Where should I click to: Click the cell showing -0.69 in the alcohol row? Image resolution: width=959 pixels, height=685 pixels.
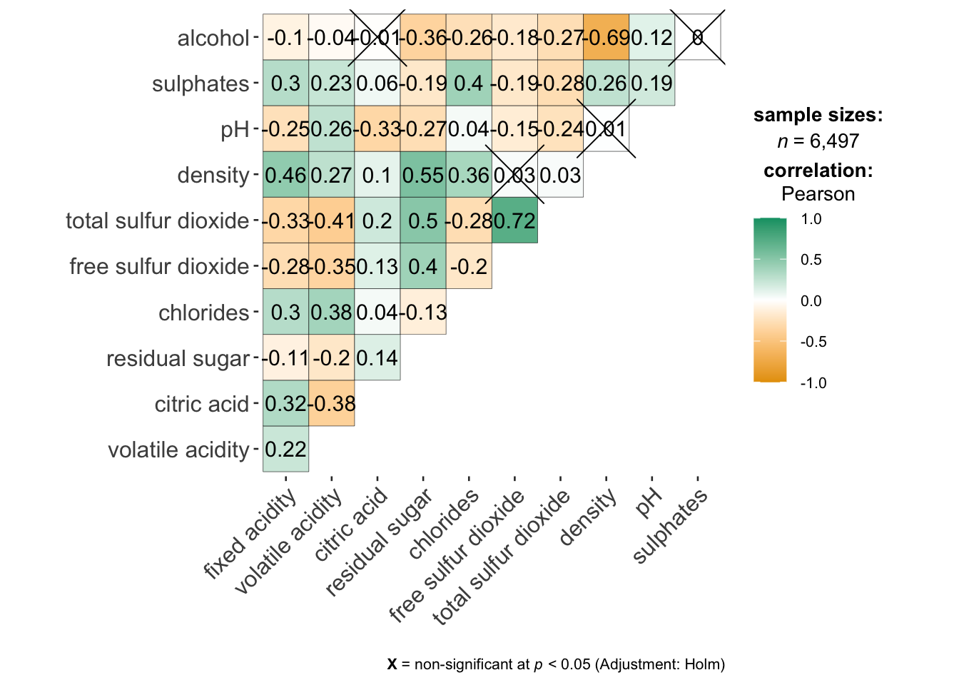point(606,37)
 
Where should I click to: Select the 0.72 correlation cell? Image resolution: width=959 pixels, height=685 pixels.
point(514,220)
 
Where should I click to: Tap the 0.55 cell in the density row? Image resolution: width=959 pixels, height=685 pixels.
point(423,175)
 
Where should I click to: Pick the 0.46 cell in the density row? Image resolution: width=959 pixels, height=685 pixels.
point(285,175)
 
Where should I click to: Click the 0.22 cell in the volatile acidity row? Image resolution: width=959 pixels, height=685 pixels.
point(285,450)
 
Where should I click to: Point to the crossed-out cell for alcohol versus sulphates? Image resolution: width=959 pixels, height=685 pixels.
point(698,37)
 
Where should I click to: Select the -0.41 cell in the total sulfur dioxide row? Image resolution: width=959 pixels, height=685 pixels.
point(331,220)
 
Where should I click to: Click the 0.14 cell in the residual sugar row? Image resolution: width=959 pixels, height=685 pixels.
point(377,358)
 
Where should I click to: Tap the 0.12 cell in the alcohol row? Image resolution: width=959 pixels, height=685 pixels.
point(651,37)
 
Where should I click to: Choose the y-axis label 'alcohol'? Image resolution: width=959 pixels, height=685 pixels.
point(213,38)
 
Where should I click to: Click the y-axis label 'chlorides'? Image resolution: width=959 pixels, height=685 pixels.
point(203,313)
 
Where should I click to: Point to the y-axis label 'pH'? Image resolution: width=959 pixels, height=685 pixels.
point(235,130)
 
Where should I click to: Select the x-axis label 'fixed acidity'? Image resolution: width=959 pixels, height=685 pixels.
point(249,535)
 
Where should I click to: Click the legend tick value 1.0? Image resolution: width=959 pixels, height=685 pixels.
point(811,219)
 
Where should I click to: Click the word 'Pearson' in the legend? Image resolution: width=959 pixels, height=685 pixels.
point(818,194)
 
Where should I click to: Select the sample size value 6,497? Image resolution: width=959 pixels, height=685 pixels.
point(834,141)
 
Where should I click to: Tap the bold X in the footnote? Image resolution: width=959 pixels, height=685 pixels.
point(392,664)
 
